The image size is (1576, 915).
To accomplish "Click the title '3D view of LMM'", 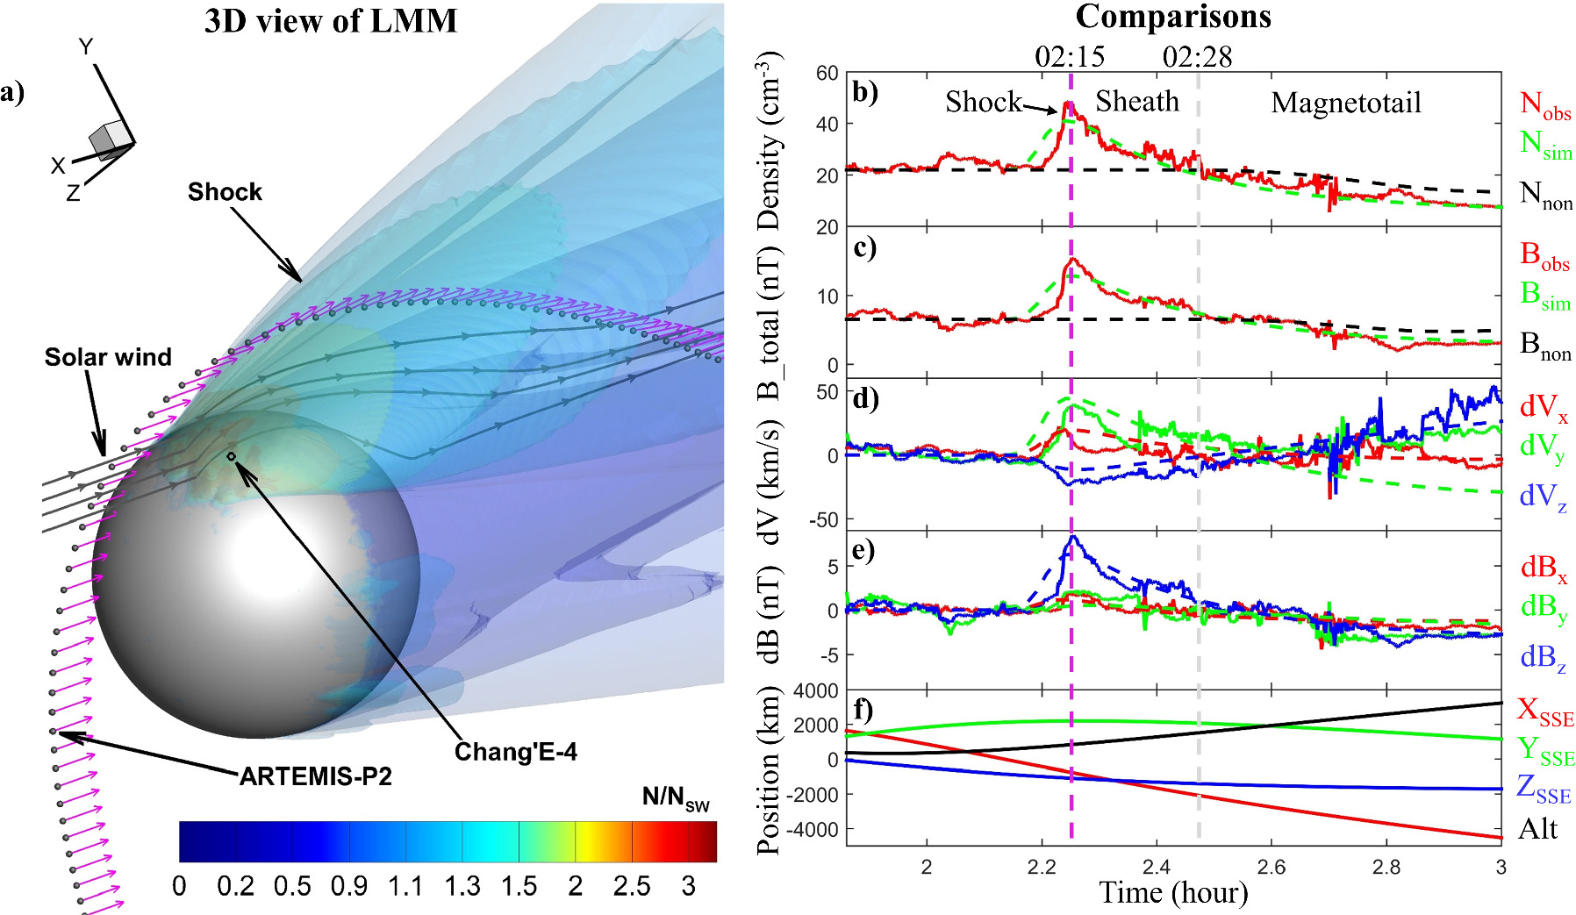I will point(331,21).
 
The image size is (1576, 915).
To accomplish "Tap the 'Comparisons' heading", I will point(1173,17).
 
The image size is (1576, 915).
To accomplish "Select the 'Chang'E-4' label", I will point(516,752).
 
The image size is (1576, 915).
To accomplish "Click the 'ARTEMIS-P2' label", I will point(316,776).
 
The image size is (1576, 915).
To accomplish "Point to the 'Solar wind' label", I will point(108,357).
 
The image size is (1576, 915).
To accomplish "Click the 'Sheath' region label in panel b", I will point(1137,102).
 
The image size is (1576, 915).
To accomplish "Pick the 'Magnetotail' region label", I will point(1346,103).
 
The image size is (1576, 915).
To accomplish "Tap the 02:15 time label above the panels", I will point(1070,57).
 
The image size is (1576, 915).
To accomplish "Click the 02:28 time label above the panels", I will point(1198,57).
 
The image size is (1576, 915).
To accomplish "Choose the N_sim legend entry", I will point(1545,145).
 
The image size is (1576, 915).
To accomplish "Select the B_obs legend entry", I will point(1544,256).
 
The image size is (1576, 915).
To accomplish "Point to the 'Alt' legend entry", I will point(1538,829).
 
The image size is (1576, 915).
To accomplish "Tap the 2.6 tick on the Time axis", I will point(1271,868).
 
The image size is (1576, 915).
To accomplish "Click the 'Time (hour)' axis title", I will point(1173,893).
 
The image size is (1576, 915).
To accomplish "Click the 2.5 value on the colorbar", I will point(632,887).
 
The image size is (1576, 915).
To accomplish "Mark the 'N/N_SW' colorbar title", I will point(676,797).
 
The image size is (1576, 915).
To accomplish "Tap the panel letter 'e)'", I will point(864,550).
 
